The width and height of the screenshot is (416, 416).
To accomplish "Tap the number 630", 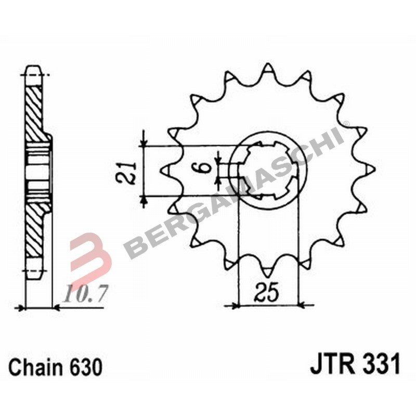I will click(x=83, y=367).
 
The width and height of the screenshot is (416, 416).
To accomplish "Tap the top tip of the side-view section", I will click(x=33, y=69).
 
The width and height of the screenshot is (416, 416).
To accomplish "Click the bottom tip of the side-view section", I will click(x=33, y=272).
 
